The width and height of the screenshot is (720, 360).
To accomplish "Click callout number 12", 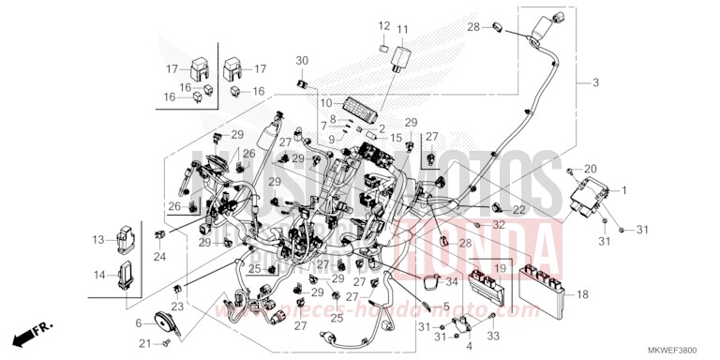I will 385,24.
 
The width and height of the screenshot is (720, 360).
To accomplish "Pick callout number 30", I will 302,61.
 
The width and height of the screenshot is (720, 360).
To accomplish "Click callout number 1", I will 624,190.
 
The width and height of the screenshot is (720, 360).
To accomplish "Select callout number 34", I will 452,281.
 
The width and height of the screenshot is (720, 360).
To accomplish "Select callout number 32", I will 499,226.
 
